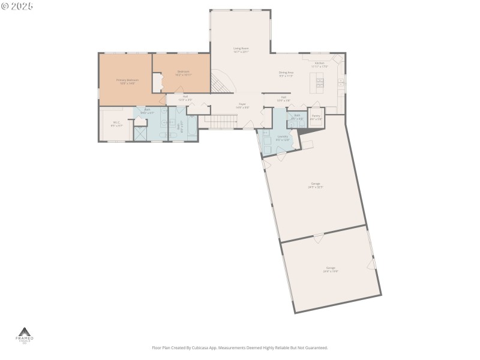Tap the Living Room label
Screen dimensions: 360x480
241,50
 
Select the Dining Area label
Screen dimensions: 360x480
286,74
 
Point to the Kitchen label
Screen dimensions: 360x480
319,64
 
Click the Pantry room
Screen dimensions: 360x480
316,117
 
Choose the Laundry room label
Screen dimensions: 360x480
282,137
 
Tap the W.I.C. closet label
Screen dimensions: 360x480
116,124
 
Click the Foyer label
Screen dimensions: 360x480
242,106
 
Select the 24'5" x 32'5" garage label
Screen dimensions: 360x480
316,185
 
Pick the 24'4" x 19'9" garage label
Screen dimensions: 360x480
331,269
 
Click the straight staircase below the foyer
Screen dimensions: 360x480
220,122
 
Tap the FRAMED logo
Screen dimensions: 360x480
25,335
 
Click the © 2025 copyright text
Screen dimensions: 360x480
17,5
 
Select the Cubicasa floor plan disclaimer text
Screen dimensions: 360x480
240,347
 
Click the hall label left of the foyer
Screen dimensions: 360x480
185,98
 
